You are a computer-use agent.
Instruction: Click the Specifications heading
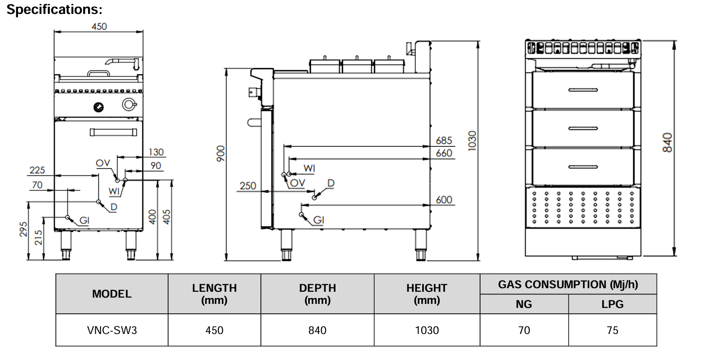tap(54, 9)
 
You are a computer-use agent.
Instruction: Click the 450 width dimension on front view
tap(99, 26)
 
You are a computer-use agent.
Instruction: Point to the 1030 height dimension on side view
tap(472, 141)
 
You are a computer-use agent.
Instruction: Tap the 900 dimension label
tap(220, 154)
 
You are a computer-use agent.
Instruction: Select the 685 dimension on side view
tap(444, 140)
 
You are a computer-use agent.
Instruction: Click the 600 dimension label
tap(444, 200)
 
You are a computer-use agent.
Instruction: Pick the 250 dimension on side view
tap(247, 186)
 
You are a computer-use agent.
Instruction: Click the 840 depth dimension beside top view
tap(667, 142)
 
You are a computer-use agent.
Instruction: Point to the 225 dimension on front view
tap(37, 170)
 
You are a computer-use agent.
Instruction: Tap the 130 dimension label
tap(156, 152)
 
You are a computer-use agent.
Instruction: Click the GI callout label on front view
tap(84, 220)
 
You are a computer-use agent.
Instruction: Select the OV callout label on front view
tap(103, 163)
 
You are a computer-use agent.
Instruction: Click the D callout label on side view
tap(331, 183)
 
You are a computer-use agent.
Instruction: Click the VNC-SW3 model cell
tap(112, 330)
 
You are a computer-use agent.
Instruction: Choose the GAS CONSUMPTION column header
tap(568, 285)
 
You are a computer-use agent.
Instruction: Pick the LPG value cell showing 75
tap(612, 330)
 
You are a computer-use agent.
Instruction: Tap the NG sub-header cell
tap(524, 304)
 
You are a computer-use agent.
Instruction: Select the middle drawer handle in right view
tap(583, 129)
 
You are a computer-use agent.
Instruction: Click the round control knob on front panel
tap(98, 107)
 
